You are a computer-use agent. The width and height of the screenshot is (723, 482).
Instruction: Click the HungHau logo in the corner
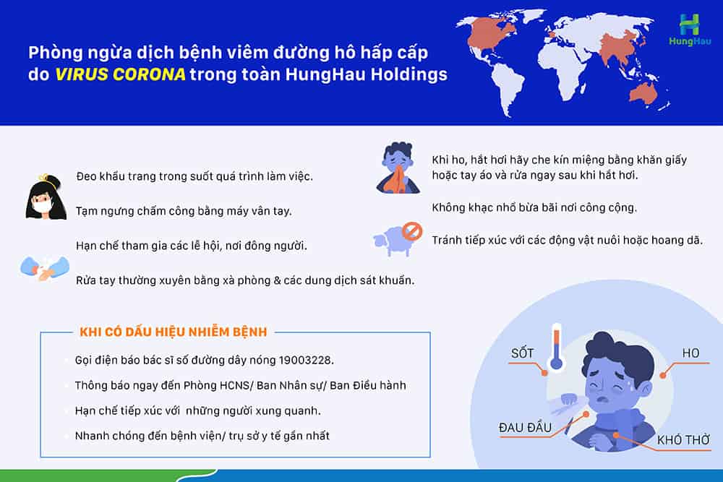(690, 30)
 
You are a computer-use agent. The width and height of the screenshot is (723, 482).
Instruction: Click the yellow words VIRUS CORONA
(120, 74)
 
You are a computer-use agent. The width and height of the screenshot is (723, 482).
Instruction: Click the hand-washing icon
(44, 267)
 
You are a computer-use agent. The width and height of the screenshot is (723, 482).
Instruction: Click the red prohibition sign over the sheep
(412, 231)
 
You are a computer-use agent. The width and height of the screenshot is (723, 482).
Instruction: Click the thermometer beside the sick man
(557, 348)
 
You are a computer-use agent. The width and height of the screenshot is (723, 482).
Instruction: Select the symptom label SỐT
(523, 353)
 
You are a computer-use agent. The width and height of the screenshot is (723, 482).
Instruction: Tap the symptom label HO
(690, 353)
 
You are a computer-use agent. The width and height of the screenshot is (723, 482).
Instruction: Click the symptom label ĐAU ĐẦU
(525, 427)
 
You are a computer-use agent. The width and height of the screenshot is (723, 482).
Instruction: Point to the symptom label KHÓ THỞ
(683, 440)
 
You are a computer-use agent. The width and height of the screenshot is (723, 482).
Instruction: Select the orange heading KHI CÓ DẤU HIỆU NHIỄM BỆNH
(174, 332)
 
